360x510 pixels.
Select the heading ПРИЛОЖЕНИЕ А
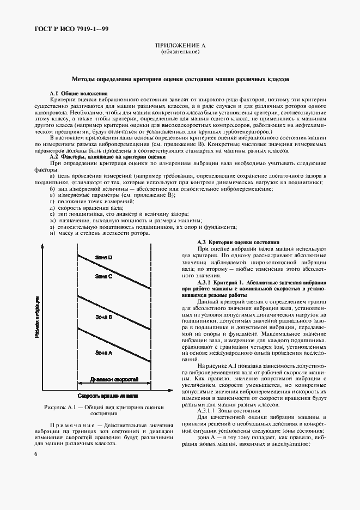click(x=180, y=46)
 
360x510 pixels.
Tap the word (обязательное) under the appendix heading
click(x=180, y=52)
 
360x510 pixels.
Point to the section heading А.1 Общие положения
click(x=78, y=94)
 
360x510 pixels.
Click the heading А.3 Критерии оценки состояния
click(x=237, y=241)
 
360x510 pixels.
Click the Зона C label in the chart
click(x=103, y=277)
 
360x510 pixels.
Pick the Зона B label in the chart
click(x=103, y=317)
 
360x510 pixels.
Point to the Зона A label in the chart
click(x=103, y=353)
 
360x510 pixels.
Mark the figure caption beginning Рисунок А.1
click(x=104, y=410)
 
